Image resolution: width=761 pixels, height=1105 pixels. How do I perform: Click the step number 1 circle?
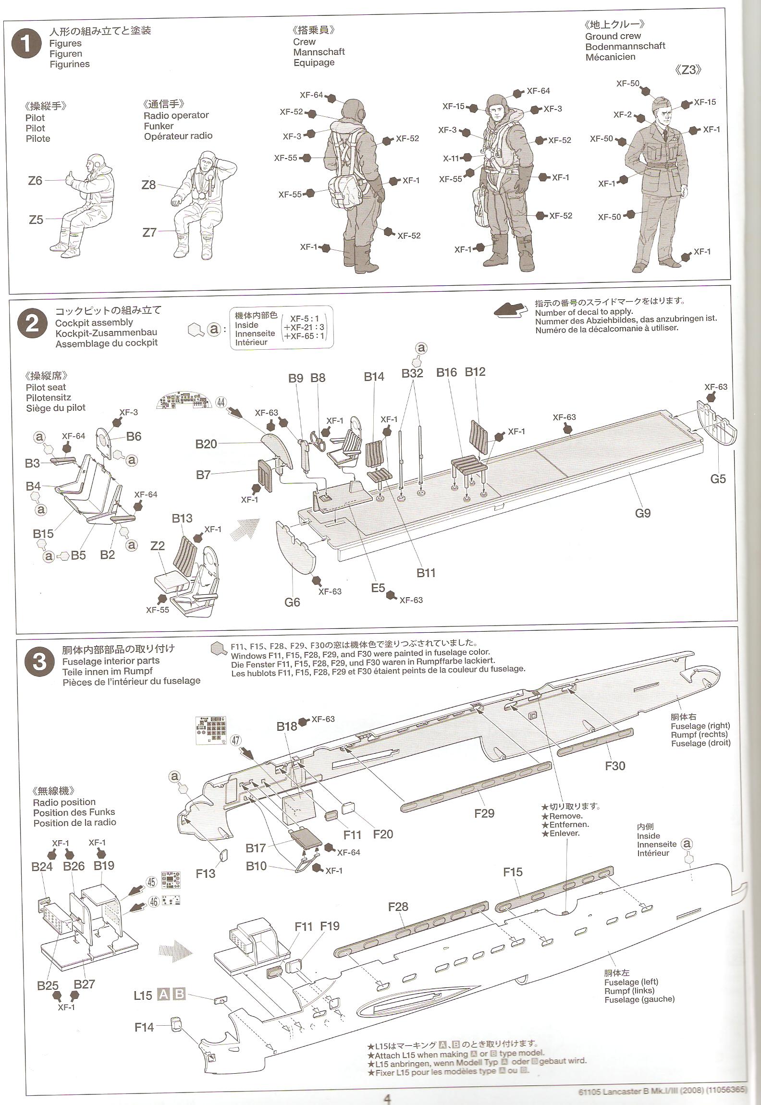tap(27, 46)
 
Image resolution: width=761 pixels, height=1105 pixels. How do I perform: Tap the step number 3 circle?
tap(39, 662)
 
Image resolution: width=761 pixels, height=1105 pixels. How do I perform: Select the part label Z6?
tap(35, 181)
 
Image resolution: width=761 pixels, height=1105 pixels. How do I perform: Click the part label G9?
tap(642, 513)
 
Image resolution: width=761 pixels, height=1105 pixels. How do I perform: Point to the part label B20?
tap(206, 444)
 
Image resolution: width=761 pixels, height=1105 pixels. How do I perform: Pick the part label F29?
tap(484, 813)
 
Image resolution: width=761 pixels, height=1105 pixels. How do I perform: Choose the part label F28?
tap(398, 907)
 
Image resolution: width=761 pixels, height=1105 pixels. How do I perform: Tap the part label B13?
tap(182, 518)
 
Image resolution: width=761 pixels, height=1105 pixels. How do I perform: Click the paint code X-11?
tap(451, 158)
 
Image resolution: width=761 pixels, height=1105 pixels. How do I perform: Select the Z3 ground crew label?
tap(688, 70)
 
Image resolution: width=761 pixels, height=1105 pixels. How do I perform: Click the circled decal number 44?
tap(221, 402)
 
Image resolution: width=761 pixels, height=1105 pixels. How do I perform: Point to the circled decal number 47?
tap(235, 740)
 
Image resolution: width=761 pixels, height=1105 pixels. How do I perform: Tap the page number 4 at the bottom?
tap(387, 1098)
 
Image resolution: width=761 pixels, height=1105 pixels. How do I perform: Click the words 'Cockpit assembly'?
tap(94, 322)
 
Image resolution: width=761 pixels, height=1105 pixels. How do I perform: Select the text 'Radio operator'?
tap(176, 115)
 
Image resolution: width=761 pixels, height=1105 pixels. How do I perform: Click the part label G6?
tap(292, 602)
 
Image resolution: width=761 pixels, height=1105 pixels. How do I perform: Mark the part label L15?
tap(143, 995)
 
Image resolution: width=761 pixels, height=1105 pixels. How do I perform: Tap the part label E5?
tap(378, 588)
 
